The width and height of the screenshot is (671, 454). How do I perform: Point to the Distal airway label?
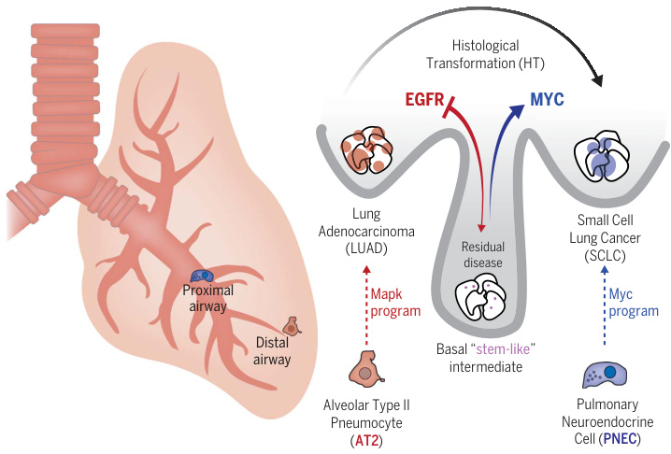coord(272,351)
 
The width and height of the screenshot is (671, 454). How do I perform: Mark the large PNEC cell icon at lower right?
coord(605,375)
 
